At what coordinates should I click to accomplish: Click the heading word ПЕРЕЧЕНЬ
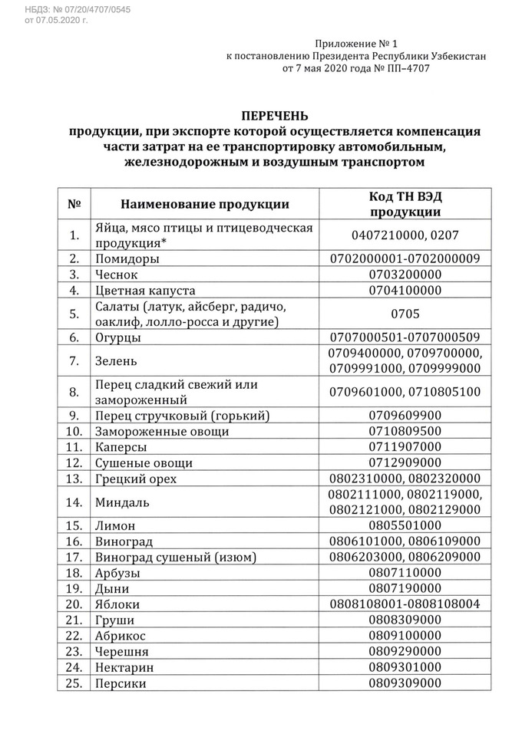coord(275,116)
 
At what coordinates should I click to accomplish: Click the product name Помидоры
coord(127,258)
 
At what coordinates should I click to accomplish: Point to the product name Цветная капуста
coord(146,291)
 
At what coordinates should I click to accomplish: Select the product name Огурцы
coord(121,337)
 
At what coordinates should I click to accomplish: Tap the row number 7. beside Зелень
coord(74,360)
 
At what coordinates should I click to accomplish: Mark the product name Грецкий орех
coord(137,479)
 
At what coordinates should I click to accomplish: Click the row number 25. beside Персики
coord(74,683)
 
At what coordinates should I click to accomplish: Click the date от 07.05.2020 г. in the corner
coord(57,20)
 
